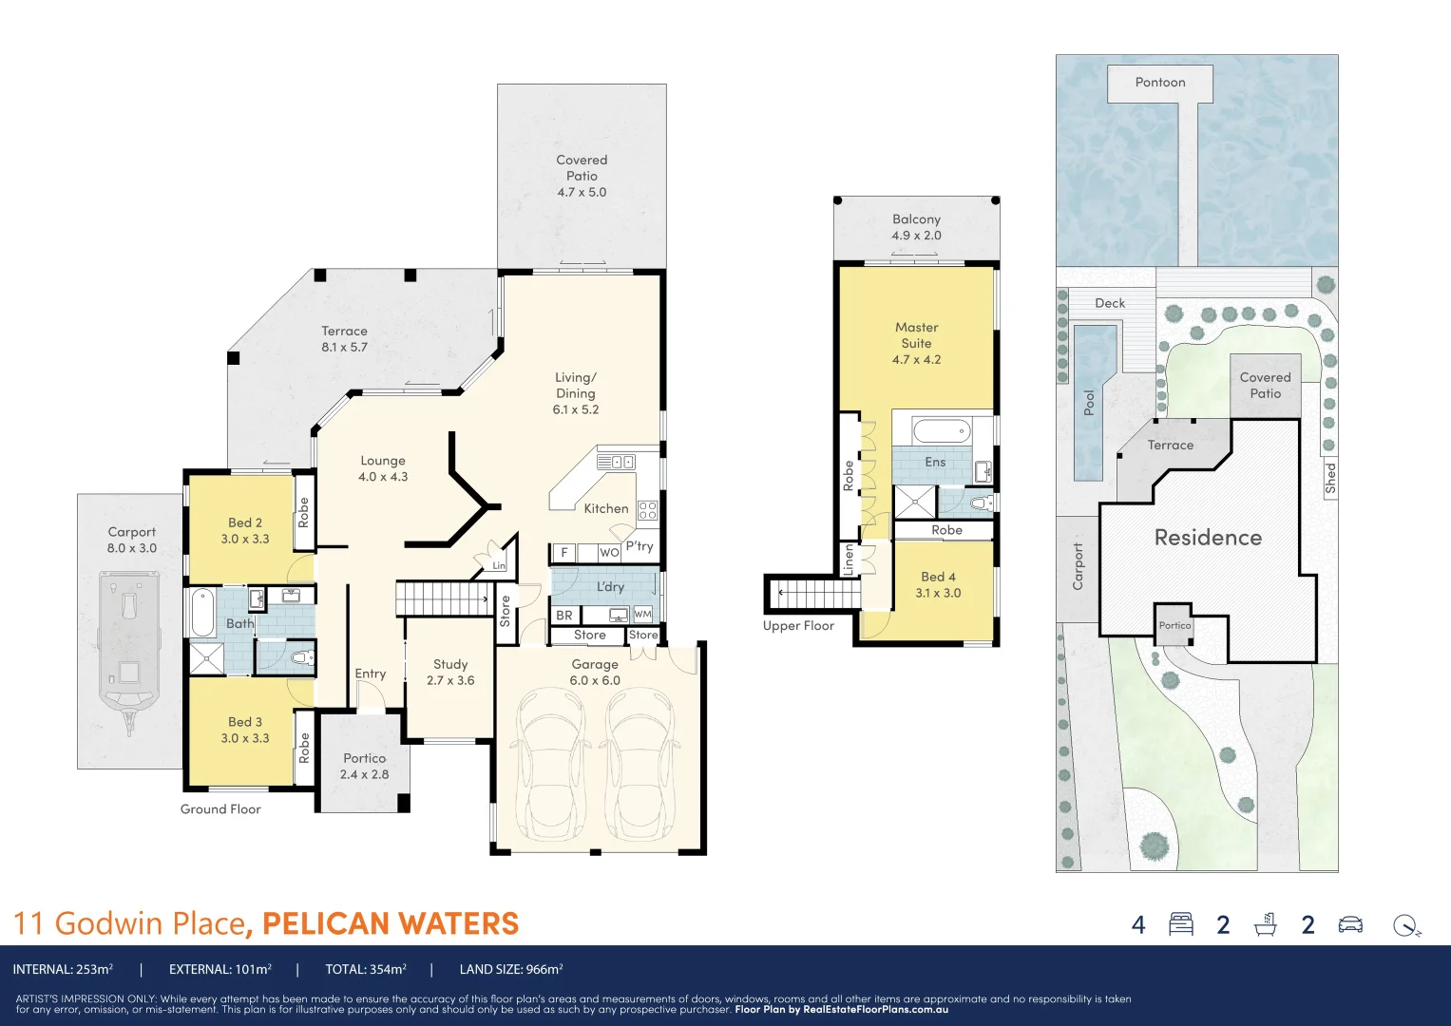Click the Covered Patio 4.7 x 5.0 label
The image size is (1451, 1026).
[582, 176]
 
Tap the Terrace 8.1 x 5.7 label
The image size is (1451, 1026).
[344, 339]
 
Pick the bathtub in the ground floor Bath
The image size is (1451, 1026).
[202, 613]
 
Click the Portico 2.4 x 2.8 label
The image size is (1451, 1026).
[365, 766]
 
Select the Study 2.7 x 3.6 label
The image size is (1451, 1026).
[450, 672]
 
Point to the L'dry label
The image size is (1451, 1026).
[610, 587]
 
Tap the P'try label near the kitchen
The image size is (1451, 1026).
[640, 546]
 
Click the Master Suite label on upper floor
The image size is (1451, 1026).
[916, 343]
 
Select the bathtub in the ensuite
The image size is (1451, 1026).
[942, 431]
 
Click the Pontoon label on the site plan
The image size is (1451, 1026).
[1160, 83]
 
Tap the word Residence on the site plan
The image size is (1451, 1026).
[1208, 538]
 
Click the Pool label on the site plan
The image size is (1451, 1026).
[1089, 402]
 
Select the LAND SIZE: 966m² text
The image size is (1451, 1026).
[511, 970]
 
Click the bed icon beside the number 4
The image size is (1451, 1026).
[1181, 924]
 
